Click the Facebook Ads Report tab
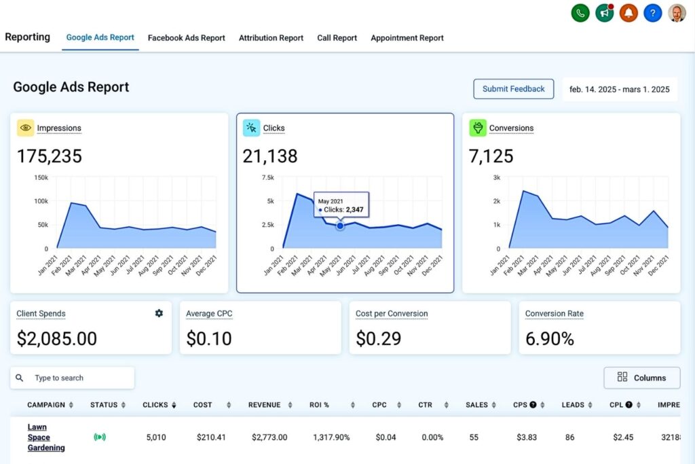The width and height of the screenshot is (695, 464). pyautogui.click(x=186, y=38)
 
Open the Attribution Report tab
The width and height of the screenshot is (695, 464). pyautogui.click(x=271, y=38)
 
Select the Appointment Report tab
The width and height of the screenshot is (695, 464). pyautogui.click(x=407, y=38)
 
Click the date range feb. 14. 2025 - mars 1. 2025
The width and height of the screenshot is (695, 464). pyautogui.click(x=619, y=89)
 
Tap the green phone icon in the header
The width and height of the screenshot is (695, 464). pyautogui.click(x=580, y=13)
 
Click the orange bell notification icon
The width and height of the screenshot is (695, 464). pyautogui.click(x=628, y=13)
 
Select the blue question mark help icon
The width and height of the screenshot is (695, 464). pyautogui.click(x=652, y=13)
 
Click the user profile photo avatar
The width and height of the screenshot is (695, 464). pyautogui.click(x=677, y=13)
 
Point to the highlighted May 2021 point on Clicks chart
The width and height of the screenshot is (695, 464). pyautogui.click(x=340, y=226)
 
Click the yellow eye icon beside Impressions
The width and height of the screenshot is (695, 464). pyautogui.click(x=25, y=128)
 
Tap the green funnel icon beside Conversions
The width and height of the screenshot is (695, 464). pyautogui.click(x=478, y=128)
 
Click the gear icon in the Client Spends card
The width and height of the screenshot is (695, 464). pyautogui.click(x=159, y=313)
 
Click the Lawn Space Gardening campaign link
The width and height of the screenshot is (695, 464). pyautogui.click(x=46, y=438)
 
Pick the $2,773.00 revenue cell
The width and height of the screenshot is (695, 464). pyautogui.click(x=269, y=438)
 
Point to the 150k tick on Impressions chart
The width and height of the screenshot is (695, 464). pyautogui.click(x=41, y=177)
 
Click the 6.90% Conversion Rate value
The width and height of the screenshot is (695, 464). pyautogui.click(x=550, y=338)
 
